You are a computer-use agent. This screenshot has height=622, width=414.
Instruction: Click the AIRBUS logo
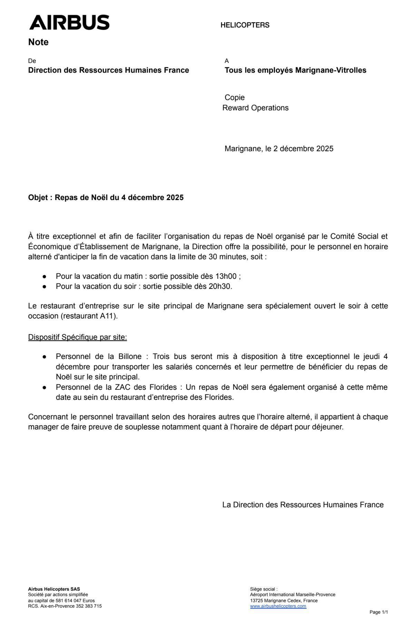click(x=69, y=22)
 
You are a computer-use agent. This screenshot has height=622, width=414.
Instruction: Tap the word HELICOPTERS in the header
click(x=245, y=25)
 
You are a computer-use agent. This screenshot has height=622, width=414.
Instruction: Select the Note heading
click(x=38, y=42)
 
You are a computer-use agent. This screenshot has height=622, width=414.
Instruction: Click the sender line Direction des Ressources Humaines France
click(x=108, y=70)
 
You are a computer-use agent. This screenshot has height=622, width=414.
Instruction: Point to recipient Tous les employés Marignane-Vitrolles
click(x=295, y=70)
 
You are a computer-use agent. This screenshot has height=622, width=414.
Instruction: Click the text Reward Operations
click(x=255, y=108)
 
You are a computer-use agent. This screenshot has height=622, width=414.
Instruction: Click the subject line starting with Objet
click(x=106, y=198)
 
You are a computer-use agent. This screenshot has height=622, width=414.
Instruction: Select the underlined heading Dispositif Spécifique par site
click(x=77, y=337)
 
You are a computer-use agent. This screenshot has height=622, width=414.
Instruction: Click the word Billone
click(x=130, y=356)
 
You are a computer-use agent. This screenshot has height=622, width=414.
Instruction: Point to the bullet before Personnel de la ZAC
click(x=44, y=388)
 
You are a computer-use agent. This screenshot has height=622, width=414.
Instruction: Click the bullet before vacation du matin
click(x=44, y=276)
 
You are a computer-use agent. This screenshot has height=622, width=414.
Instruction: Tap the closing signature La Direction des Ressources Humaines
click(x=303, y=505)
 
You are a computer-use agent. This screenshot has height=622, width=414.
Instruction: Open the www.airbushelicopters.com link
click(x=278, y=606)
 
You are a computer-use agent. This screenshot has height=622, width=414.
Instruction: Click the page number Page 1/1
click(x=378, y=612)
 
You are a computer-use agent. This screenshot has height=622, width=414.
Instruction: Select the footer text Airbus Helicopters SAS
click(x=54, y=589)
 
